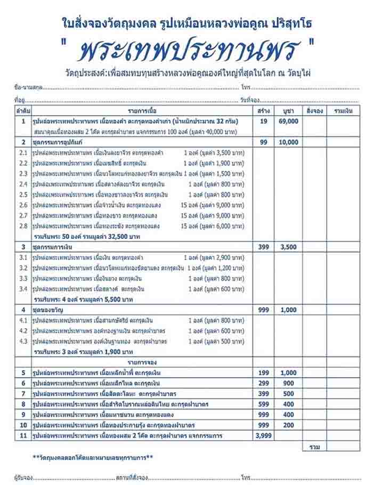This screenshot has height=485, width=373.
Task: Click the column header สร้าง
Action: click(263, 111)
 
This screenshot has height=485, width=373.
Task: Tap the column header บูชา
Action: click(288, 111)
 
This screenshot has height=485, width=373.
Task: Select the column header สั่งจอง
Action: click(314, 111)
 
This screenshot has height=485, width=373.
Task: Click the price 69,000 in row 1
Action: click(288, 122)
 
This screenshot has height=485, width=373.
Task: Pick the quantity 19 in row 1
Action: click(263, 122)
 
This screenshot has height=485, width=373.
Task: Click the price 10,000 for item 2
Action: click(288, 142)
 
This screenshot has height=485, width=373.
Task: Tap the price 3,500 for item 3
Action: click(288, 247)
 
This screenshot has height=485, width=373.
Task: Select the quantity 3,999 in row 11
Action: click(263, 435)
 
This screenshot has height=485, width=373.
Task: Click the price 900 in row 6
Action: click(288, 383)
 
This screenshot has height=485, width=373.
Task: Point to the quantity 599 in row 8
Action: click(263, 404)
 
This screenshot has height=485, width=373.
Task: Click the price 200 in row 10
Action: click(288, 425)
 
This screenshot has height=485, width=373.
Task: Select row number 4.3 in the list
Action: click(23, 341)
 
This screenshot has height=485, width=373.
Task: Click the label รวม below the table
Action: click(314, 447)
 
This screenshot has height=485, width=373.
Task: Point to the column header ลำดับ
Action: click(23, 111)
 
